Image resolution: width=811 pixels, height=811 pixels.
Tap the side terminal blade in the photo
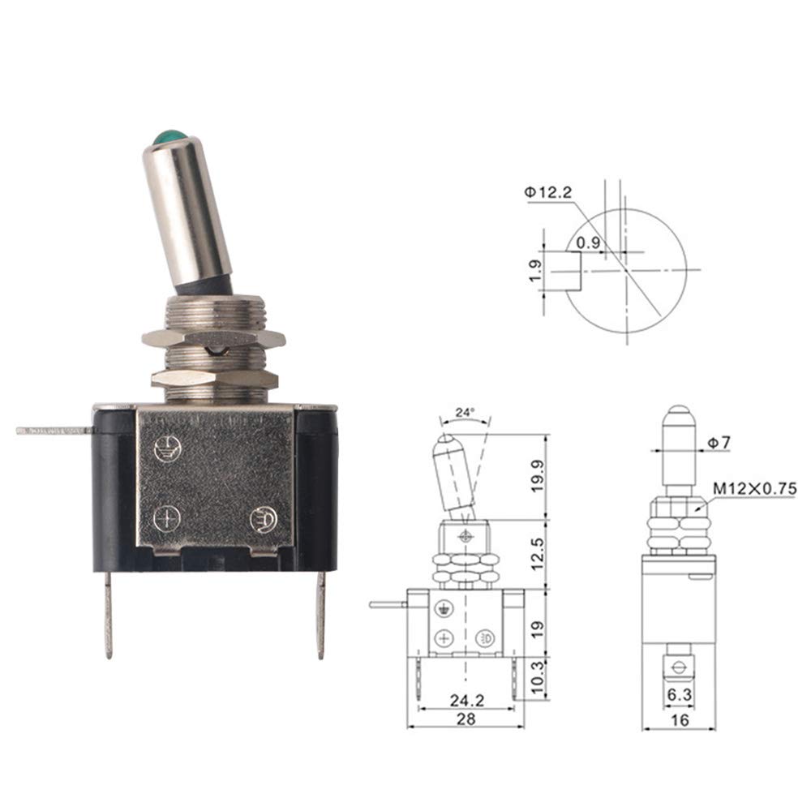[x=55, y=431]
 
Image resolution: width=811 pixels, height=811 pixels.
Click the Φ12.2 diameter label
[x=548, y=193]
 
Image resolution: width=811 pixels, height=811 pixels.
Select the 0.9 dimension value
[x=588, y=242]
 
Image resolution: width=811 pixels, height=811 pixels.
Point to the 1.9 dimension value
[x=535, y=271]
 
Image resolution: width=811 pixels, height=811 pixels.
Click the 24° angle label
[x=465, y=412]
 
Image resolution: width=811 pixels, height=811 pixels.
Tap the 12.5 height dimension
[x=538, y=554]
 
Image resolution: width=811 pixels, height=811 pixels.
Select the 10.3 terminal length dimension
[x=538, y=677]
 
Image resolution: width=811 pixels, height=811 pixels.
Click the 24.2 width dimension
[x=466, y=701]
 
